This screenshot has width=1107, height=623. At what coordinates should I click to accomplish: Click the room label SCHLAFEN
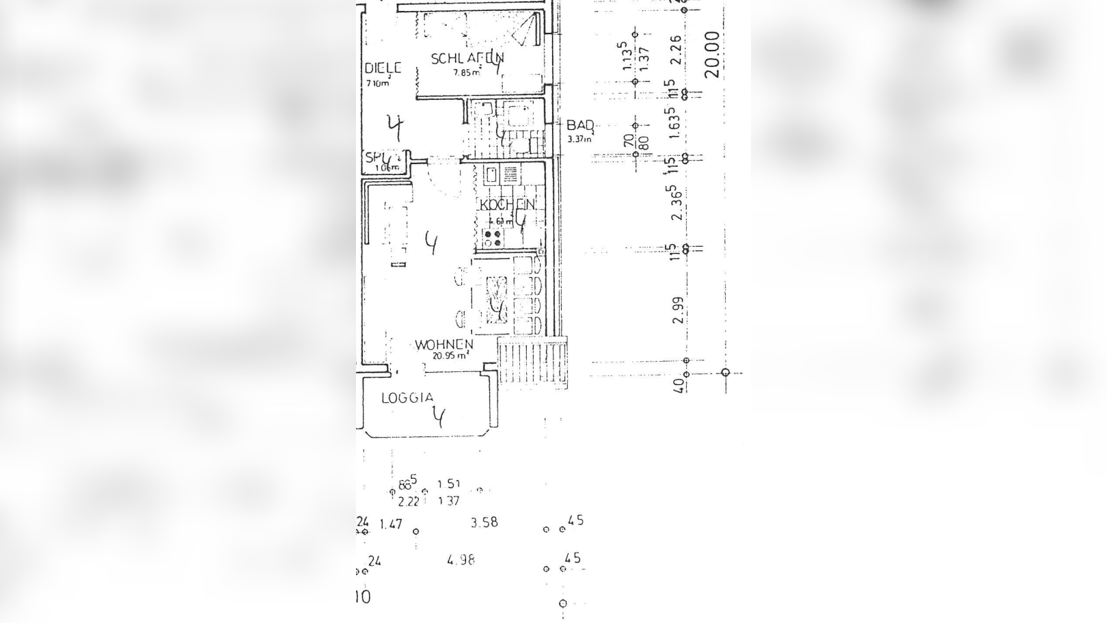(467, 59)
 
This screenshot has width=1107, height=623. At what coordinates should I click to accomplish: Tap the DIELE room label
(382, 68)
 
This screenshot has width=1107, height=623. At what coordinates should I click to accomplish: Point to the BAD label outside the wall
(580, 126)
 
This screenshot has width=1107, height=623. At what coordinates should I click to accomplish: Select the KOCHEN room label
(508, 205)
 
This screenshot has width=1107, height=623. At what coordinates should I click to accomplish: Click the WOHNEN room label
(443, 345)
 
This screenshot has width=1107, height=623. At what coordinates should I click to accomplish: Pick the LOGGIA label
(407, 397)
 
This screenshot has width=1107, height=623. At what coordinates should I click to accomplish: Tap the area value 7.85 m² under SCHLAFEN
(467, 72)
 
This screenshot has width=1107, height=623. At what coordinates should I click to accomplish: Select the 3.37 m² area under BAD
(579, 140)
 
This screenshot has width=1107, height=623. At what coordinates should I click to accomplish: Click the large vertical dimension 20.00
(712, 55)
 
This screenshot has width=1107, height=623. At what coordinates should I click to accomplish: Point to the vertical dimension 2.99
(678, 310)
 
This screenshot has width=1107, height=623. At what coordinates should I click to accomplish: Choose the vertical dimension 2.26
(675, 50)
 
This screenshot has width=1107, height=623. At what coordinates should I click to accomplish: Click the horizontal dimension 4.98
(461, 560)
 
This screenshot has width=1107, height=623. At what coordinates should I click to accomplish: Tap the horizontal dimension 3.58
(484, 522)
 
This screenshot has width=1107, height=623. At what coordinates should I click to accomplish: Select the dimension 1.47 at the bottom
(391, 525)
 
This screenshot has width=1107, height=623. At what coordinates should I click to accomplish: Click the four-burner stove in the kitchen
(492, 238)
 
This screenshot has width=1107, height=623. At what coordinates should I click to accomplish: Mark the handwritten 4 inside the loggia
(439, 415)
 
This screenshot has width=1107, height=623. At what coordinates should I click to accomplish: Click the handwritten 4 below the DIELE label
(395, 127)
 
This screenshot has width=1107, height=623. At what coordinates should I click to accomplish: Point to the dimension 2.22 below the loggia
(408, 501)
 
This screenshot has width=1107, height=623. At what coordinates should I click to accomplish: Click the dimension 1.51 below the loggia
(449, 484)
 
